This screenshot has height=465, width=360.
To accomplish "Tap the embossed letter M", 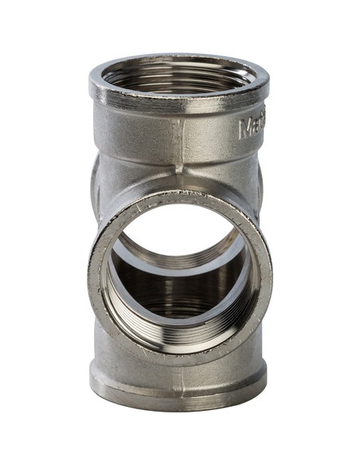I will (245, 127).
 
